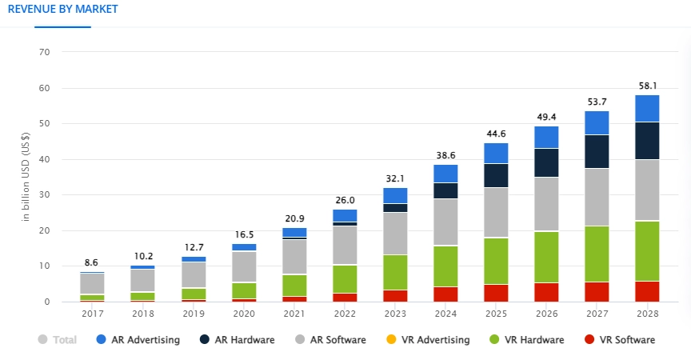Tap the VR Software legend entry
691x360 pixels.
click(x=619, y=340)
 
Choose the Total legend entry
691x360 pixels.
click(x=57, y=340)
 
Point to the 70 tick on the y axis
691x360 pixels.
click(x=44, y=52)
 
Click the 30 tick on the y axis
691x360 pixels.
click(x=44, y=194)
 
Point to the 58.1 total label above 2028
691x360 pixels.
click(x=647, y=85)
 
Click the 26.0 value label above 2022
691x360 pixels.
click(x=345, y=199)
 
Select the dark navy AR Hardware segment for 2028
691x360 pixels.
click(x=647, y=141)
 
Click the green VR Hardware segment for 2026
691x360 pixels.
click(x=546, y=257)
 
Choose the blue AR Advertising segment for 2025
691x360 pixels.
click(x=496, y=153)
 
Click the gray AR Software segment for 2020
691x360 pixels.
click(x=244, y=266)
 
